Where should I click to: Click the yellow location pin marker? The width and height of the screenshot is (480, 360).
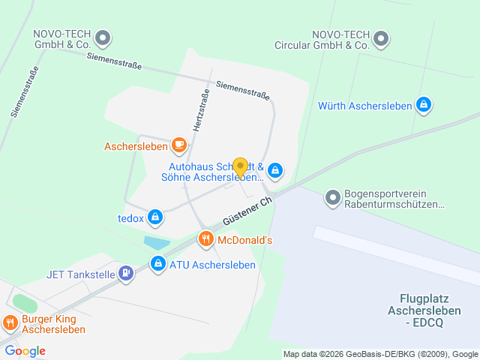click(x=240, y=167)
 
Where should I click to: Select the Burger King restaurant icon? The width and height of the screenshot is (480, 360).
click(x=10, y=323)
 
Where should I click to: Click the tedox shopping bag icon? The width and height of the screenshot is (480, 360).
click(x=155, y=217)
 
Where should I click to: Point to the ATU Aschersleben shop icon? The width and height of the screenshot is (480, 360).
click(x=158, y=264)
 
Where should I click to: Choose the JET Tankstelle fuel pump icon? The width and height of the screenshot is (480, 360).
click(x=126, y=274)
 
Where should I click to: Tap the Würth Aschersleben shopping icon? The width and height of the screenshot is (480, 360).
click(x=424, y=106)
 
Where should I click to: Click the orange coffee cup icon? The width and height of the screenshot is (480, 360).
click(x=178, y=144)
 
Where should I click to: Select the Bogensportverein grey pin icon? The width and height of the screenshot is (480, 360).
click(x=332, y=198)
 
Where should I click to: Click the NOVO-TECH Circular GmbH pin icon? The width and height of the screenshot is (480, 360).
click(x=382, y=39)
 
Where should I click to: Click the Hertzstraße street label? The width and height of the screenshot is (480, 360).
click(x=202, y=111)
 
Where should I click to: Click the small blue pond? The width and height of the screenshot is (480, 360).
click(x=157, y=243)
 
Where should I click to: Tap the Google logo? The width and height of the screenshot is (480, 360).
click(x=25, y=351)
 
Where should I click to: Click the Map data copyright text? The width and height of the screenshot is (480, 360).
click(x=380, y=354)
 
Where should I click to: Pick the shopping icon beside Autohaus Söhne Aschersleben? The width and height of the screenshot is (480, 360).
click(x=275, y=172)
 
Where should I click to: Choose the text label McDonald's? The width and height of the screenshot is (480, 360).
click(x=244, y=241)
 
